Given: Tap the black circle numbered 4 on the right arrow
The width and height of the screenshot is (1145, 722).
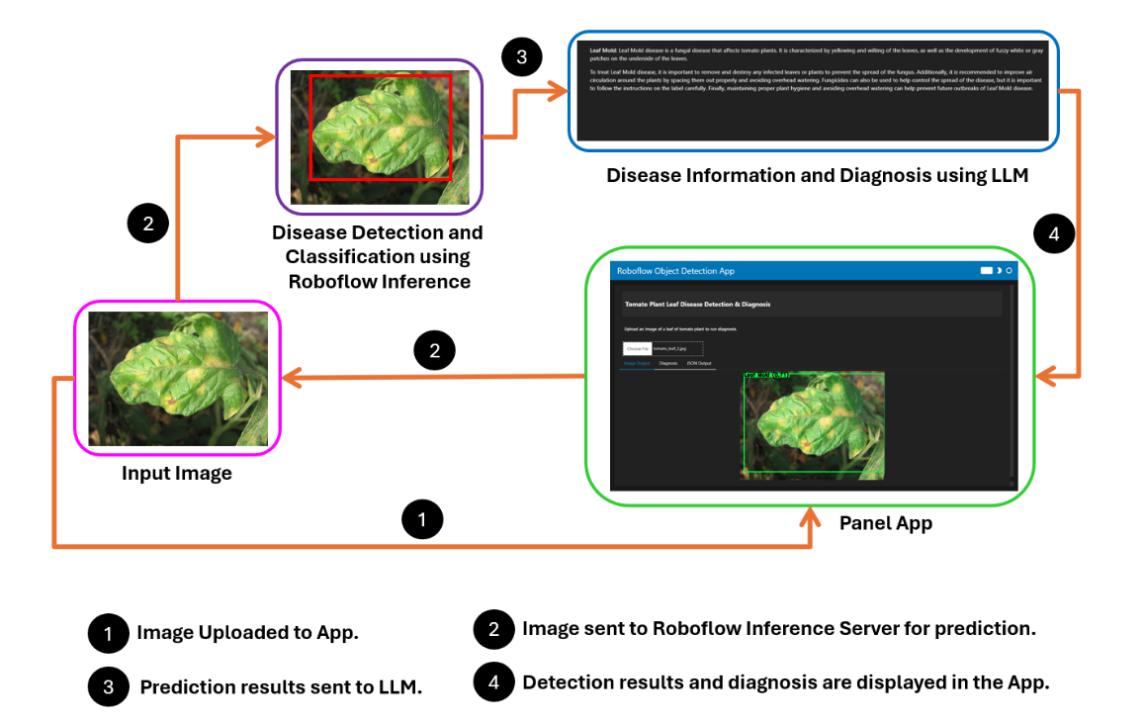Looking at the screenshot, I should click(x=1054, y=234).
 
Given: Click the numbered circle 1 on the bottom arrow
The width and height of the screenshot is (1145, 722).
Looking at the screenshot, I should click(x=423, y=518).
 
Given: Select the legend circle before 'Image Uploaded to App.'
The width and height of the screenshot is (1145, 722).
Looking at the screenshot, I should click(x=109, y=633).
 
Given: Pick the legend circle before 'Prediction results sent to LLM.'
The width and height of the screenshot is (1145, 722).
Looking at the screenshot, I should click(x=109, y=687).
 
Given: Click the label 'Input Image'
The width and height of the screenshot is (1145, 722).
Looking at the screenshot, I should click(x=177, y=474).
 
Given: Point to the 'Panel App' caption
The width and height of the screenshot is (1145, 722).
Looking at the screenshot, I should click(x=886, y=523).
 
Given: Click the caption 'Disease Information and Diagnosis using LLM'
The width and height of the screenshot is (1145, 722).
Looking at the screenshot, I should click(x=818, y=176).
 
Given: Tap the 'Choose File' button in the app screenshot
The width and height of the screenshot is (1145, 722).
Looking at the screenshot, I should click(x=637, y=348).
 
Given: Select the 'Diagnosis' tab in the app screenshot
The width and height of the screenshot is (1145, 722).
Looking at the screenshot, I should click(x=668, y=364).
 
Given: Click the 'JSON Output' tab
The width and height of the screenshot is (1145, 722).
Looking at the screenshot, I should click(x=698, y=364).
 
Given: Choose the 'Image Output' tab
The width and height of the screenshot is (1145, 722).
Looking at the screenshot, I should click(x=636, y=364).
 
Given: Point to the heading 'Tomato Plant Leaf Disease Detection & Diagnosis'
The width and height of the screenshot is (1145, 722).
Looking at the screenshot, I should click(x=697, y=304).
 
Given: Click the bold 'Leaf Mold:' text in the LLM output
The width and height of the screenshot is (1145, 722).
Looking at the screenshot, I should click(x=602, y=49).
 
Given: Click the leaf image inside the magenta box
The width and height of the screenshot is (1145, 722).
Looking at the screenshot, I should click(x=178, y=379).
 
